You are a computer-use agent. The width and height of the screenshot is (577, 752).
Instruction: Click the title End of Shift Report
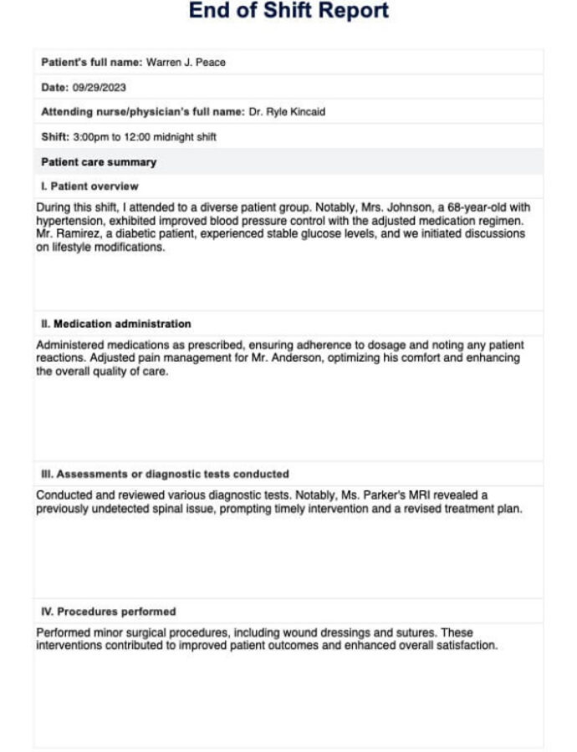point(288,12)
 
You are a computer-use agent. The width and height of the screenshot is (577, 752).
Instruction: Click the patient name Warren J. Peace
point(186,63)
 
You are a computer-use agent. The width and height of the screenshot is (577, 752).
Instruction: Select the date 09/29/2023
point(100,88)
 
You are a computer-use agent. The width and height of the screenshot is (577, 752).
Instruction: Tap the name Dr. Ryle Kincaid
point(287,112)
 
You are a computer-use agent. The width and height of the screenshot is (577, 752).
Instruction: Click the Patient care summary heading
point(99,162)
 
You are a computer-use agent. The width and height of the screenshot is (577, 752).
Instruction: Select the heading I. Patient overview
point(90,186)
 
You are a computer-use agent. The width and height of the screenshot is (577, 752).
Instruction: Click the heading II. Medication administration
point(116,323)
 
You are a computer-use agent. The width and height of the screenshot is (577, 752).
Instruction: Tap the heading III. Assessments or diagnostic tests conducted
point(166,474)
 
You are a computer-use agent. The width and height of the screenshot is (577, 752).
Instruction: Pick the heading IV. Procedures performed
point(109,612)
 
